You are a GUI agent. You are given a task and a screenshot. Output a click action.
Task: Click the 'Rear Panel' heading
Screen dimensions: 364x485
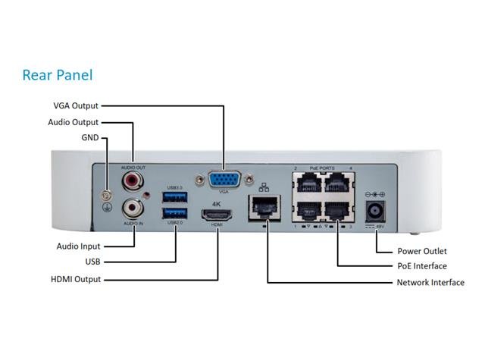tap(57, 75)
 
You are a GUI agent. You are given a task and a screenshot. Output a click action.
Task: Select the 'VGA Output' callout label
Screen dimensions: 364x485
tap(76, 106)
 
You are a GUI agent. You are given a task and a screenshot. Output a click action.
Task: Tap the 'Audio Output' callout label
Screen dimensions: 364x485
tap(73, 121)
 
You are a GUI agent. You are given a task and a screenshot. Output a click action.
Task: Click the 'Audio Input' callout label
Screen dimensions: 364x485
tap(78, 246)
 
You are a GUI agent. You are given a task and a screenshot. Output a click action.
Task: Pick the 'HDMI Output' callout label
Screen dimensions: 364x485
tap(75, 279)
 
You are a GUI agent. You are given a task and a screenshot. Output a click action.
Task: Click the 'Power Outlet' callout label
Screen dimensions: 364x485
tap(422, 251)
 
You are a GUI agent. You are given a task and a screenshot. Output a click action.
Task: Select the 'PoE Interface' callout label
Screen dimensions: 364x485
tap(422, 266)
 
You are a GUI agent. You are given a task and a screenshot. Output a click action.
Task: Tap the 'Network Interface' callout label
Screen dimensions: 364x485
tap(430, 283)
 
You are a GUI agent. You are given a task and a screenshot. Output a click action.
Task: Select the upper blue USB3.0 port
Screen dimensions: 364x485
tap(174, 197)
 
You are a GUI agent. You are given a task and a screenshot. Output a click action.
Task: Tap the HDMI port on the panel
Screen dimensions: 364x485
tap(217, 215)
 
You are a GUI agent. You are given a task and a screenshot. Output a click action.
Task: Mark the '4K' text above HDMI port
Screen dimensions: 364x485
tap(217, 202)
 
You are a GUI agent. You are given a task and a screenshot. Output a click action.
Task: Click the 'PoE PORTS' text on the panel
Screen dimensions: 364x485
tap(322, 168)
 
